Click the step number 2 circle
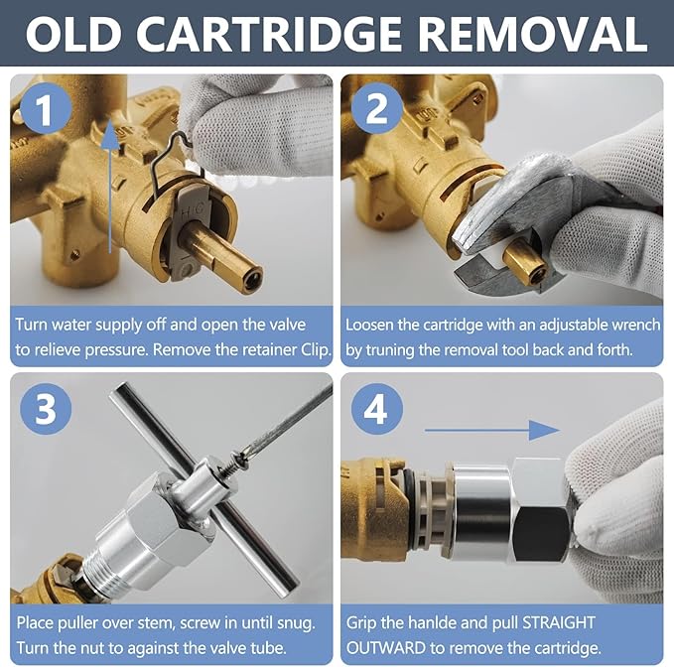coord(377,109)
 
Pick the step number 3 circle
coord(46,408)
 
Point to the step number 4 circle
coord(376,409)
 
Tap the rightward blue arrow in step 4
coord(492,430)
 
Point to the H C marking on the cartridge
coord(193,211)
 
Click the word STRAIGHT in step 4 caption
coord(559,622)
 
